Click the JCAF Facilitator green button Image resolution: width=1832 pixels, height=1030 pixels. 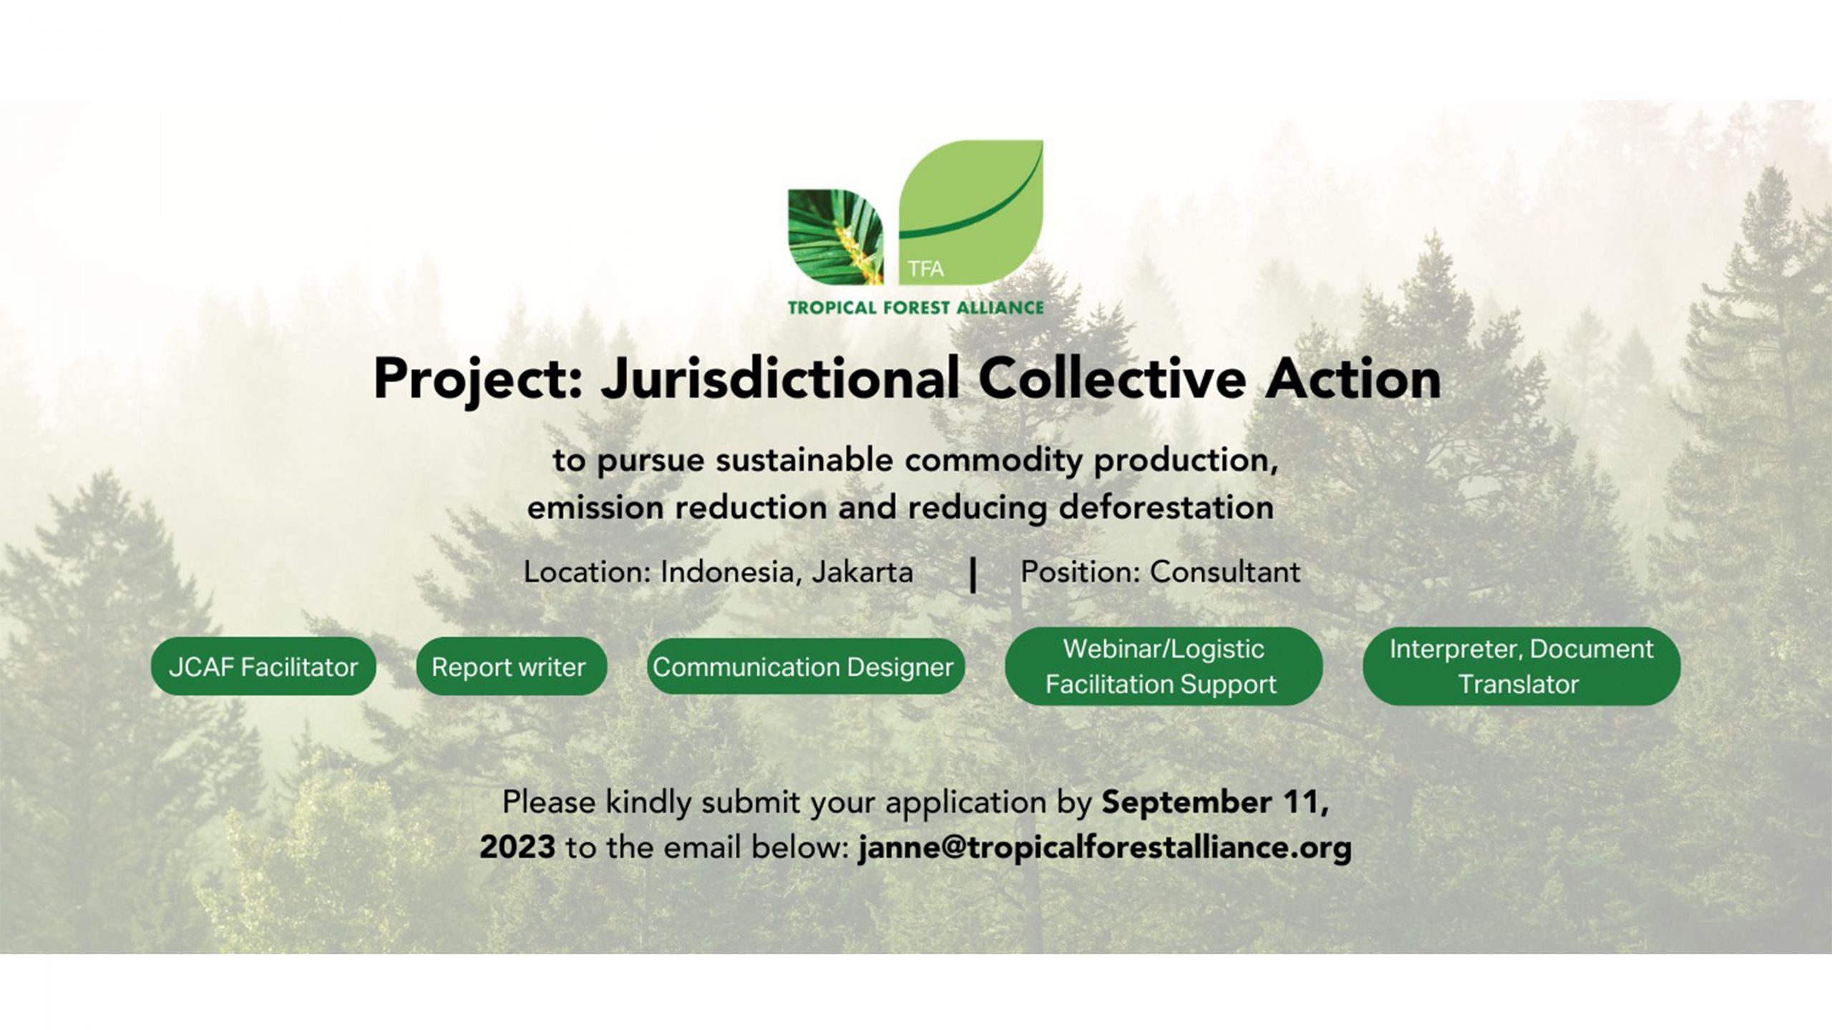(263, 667)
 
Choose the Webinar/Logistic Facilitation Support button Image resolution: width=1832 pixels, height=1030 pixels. (1164, 666)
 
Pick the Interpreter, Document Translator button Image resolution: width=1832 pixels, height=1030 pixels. (1521, 666)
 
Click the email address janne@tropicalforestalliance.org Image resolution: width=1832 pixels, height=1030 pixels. (1105, 848)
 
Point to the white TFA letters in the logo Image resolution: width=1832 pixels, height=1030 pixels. (926, 269)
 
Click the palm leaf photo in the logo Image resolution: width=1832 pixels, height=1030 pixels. (835, 237)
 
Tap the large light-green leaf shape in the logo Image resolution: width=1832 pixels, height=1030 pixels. (970, 212)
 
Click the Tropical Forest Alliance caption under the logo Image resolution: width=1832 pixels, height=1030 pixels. (915, 308)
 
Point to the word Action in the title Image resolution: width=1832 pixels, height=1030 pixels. (1353, 379)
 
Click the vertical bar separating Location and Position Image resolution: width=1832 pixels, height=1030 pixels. (973, 575)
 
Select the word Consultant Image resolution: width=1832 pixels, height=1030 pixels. (1225, 572)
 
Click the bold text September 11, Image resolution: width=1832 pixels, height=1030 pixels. (1215, 803)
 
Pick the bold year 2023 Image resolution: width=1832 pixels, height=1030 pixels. (517, 847)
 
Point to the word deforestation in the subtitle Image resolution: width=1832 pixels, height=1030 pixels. (1166, 507)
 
